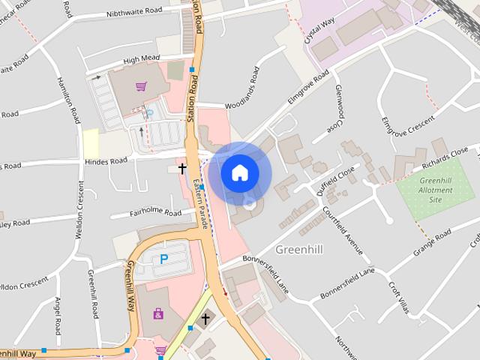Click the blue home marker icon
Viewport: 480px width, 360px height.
tap(239, 172)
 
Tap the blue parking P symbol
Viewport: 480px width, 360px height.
tap(163, 259)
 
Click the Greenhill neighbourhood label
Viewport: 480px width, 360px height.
tap(299, 249)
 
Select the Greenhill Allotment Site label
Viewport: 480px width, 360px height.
tap(436, 190)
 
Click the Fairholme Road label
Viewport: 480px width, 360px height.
tap(157, 213)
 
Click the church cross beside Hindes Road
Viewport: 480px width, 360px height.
tap(181, 170)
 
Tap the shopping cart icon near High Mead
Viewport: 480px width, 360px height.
tap(140, 87)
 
